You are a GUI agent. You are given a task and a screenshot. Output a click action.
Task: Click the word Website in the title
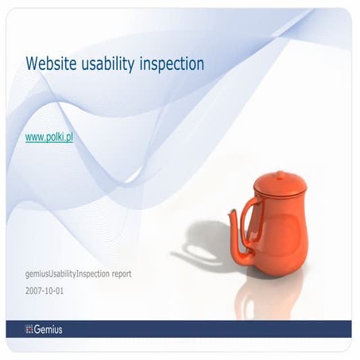pyautogui.click(x=52, y=62)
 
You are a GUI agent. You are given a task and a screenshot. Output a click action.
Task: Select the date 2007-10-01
pyautogui.click(x=46, y=292)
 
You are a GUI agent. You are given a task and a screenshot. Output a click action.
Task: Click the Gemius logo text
pyautogui.click(x=49, y=329)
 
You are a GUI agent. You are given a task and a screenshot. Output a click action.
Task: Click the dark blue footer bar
pyautogui.click(x=199, y=329)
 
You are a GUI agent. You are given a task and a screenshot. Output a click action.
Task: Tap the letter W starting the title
pyautogui.click(x=32, y=62)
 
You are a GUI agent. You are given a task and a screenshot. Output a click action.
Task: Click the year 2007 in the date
pyautogui.click(x=35, y=292)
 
